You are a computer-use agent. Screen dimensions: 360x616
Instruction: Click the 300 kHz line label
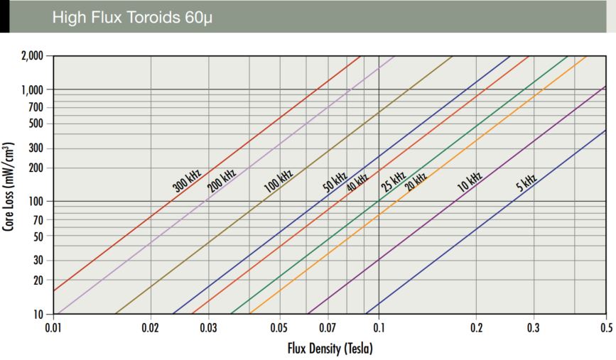188,180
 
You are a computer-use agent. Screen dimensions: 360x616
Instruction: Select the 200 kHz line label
222,180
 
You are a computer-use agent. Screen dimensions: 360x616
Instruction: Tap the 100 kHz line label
279,182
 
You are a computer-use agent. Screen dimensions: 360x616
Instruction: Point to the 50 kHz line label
335,182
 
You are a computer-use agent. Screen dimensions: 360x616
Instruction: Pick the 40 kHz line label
357,182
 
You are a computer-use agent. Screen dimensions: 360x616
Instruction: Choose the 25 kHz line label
393,182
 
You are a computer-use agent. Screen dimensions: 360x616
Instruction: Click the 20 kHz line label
416,182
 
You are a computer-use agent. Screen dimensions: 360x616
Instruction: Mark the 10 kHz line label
470,182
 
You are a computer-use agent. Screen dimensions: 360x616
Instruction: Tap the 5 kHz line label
526,183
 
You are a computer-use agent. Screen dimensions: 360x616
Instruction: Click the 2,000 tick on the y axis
31,56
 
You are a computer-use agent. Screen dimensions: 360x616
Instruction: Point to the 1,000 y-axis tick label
31,89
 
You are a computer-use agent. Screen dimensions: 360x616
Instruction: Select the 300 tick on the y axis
36,148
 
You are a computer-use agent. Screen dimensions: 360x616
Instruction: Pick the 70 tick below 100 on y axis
38,219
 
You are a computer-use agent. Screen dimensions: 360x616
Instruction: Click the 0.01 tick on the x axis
53,327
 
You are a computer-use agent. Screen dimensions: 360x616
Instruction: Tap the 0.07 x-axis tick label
328,327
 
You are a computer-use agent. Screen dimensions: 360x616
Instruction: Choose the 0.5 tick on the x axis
606,327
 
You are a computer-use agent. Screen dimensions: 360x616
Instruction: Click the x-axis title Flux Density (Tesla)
330,349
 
